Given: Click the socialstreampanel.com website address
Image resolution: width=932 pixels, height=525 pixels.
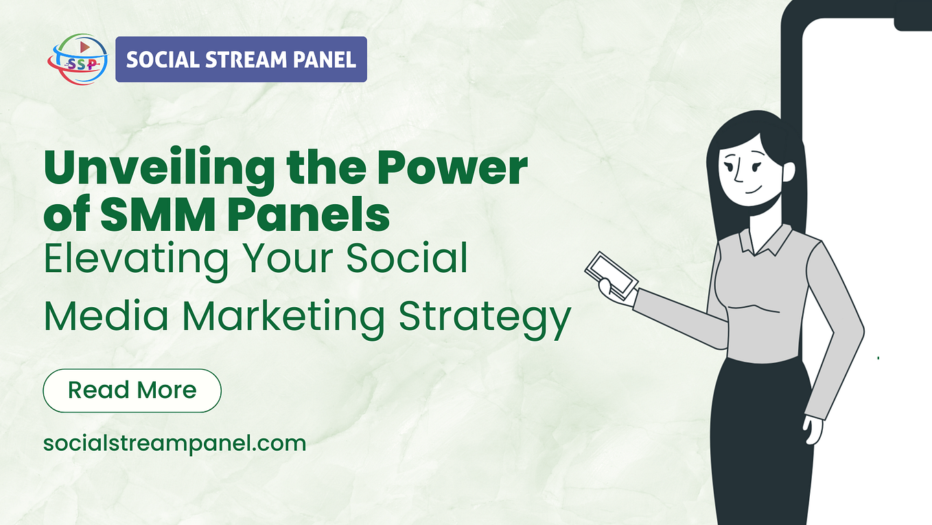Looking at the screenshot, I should [x=174, y=443].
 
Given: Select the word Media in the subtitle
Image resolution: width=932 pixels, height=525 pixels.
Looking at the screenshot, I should [x=107, y=317].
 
